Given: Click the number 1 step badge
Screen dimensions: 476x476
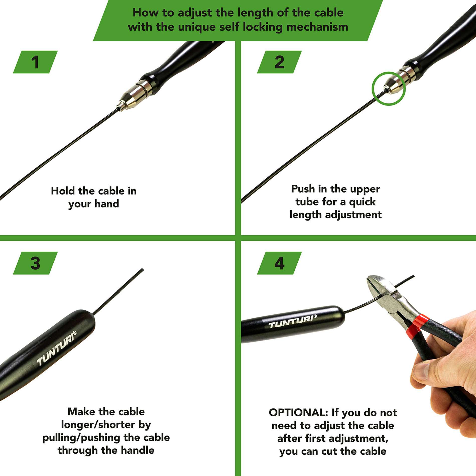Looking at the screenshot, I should tap(35, 62).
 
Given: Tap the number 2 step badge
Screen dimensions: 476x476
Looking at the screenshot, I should tap(279, 62).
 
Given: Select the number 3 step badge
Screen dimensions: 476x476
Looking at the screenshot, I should tap(35, 263).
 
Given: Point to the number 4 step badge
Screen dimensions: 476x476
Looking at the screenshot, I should tap(279, 263).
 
